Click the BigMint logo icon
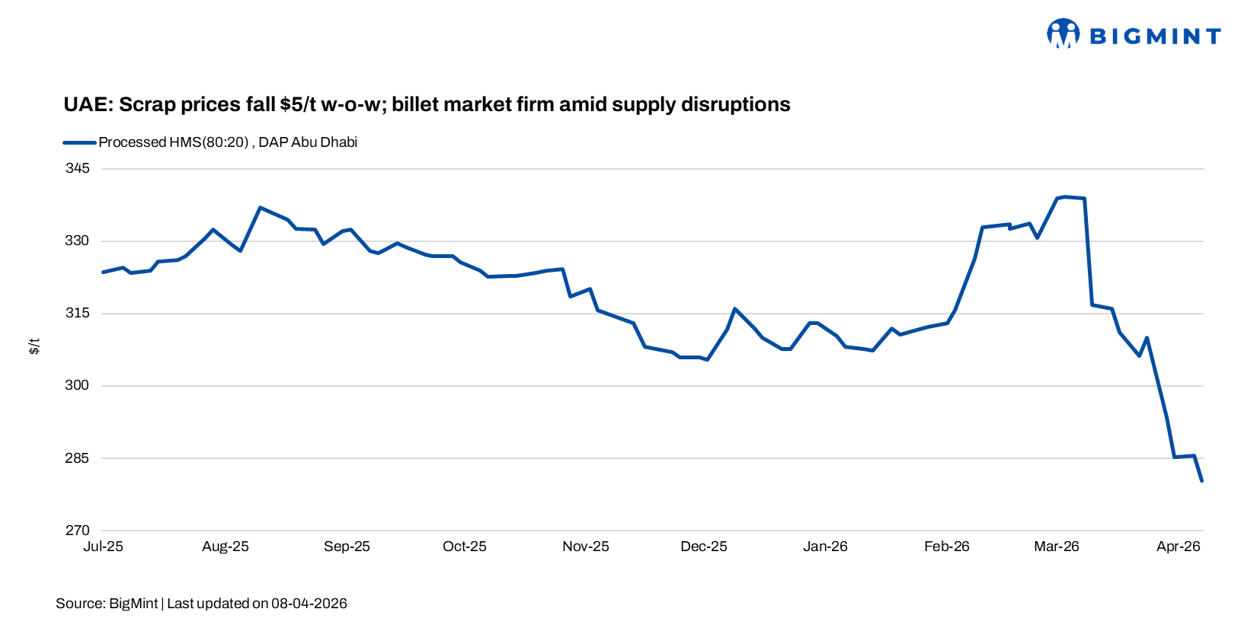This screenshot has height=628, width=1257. click(1063, 33)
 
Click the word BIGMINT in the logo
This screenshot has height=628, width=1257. click(1155, 37)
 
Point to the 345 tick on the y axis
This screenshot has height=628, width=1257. click(77, 168)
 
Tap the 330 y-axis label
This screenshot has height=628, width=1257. click(77, 241)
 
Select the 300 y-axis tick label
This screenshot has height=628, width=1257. click(77, 385)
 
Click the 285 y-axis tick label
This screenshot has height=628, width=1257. click(77, 458)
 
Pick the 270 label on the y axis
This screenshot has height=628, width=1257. click(77, 531)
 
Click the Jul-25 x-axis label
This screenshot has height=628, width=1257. click(103, 547)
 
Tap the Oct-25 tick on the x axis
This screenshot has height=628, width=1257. click(465, 547)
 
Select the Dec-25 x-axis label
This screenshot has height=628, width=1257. click(704, 547)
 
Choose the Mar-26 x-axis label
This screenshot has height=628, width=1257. click(1057, 547)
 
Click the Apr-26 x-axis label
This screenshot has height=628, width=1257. click(1179, 547)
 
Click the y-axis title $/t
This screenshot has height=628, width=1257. click(34, 346)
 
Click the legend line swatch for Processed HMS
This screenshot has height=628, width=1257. click(79, 142)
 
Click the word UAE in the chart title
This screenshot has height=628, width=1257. click(87, 104)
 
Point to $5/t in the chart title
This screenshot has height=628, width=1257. click(298, 104)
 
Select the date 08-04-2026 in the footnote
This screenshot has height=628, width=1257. click(309, 604)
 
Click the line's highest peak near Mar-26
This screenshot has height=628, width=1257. click(1064, 196)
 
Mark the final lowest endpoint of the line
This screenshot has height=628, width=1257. click(1202, 481)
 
